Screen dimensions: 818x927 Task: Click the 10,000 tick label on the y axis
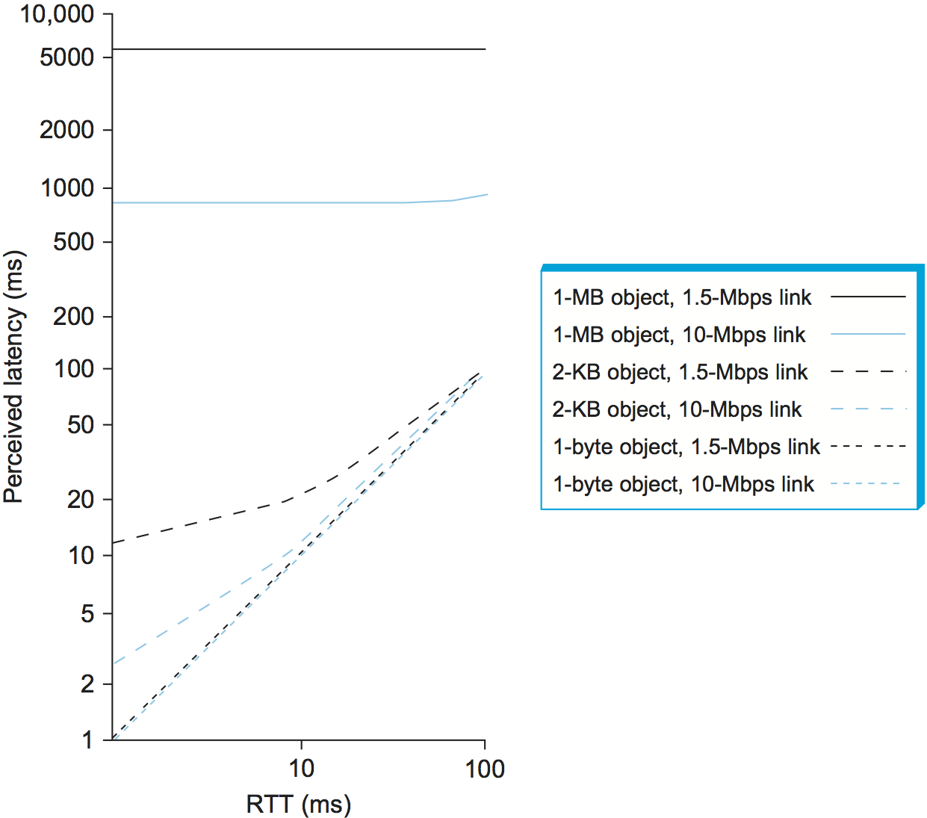click(x=57, y=13)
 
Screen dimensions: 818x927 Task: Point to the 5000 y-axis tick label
click(x=67, y=57)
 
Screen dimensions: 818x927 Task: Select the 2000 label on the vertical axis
click(x=67, y=130)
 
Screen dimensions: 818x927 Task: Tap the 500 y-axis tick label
click(x=73, y=242)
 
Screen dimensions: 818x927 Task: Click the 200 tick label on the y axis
click(x=73, y=317)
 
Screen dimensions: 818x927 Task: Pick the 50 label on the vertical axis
click(x=80, y=425)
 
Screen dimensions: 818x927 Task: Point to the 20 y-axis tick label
click(x=80, y=499)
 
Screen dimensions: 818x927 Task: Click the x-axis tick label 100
click(x=485, y=769)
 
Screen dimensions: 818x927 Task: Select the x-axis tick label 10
click(x=301, y=769)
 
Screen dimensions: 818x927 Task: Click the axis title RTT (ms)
click(x=298, y=804)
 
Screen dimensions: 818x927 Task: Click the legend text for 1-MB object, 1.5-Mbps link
click(x=681, y=297)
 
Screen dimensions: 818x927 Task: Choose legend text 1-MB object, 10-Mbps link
click(x=679, y=335)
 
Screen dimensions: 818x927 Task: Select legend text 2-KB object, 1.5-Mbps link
click(x=680, y=372)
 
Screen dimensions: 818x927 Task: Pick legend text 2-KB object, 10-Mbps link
click(x=677, y=409)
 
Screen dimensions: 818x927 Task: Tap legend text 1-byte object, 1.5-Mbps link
click(x=686, y=447)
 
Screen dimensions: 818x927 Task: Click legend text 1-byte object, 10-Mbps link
click(x=683, y=484)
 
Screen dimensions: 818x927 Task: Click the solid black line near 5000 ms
click(x=299, y=49)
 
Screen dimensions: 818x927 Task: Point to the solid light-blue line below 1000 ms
click(x=261, y=202)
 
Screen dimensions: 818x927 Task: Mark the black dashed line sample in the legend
click(x=868, y=371)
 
